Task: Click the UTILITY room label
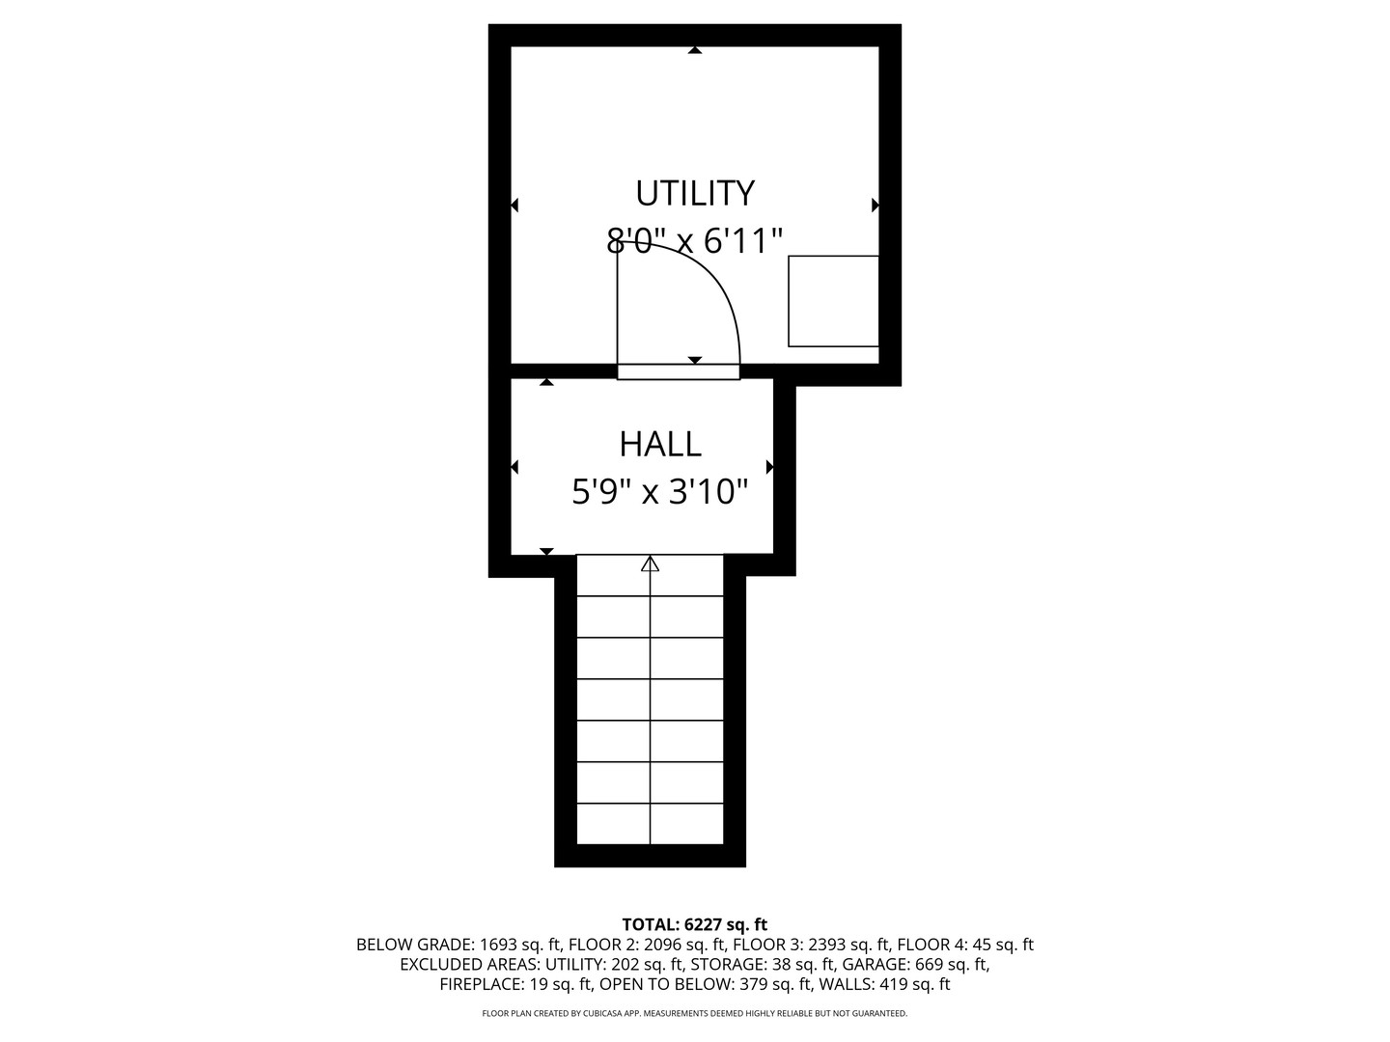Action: click(x=695, y=194)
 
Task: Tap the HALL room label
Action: click(x=660, y=445)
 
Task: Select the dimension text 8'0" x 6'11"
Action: click(x=695, y=240)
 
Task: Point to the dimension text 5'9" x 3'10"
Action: click(x=660, y=492)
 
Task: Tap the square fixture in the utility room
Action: click(x=833, y=301)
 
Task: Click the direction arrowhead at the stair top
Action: click(x=650, y=563)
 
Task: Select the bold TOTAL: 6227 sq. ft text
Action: click(x=695, y=924)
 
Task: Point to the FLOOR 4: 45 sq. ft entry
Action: click(x=965, y=945)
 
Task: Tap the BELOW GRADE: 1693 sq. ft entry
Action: click(x=459, y=945)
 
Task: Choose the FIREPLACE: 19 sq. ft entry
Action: click(x=515, y=984)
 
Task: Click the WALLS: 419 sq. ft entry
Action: click(x=884, y=984)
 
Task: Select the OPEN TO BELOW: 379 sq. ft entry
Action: click(x=706, y=984)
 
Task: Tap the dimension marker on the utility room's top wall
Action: click(x=695, y=50)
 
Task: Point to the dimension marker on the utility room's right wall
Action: click(x=876, y=205)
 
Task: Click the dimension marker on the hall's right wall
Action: click(x=770, y=468)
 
